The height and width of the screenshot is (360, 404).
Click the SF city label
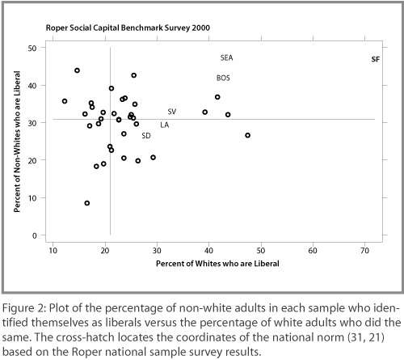pos(376,59)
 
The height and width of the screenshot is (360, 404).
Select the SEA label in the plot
pos(226,57)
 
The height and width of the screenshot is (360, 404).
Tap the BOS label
pos(223,78)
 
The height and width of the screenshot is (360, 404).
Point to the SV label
pos(172,112)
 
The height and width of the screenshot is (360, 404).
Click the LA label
pos(165,125)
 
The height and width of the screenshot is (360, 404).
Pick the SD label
pos(146,136)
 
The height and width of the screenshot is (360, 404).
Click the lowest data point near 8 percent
pos(87,203)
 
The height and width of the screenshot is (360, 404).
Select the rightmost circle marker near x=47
pos(248,135)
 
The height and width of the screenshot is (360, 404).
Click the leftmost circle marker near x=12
pos(65,101)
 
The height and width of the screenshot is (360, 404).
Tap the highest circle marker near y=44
pos(77,70)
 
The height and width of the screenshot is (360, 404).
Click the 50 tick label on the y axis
pos(32,49)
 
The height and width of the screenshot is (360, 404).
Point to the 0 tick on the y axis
pos(35,236)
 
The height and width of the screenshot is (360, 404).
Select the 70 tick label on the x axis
pos(364,251)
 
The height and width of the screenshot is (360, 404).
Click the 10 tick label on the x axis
pos(53,251)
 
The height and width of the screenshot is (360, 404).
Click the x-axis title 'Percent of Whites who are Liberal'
pos(217,264)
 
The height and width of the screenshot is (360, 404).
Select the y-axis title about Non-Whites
pos(17,142)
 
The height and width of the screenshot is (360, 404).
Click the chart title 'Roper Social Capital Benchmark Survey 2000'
pos(128,28)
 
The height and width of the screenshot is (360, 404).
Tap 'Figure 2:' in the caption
pos(24,308)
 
